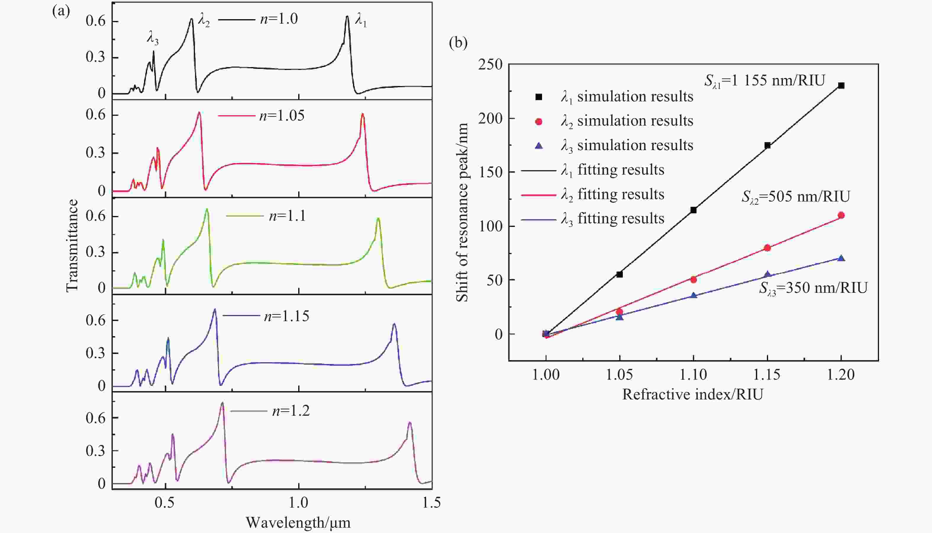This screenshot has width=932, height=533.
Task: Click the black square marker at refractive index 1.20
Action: click(841, 86)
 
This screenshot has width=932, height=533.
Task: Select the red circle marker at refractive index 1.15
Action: click(767, 248)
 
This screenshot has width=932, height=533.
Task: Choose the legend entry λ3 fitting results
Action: click(612, 219)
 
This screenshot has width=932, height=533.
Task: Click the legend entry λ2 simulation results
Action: click(627, 121)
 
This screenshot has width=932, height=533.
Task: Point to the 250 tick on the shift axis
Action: click(490, 65)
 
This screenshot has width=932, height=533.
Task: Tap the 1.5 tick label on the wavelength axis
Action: click(431, 503)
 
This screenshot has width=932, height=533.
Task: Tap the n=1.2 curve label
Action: click(291, 411)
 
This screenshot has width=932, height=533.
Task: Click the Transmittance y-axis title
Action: click(72, 245)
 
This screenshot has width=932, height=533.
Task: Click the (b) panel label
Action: click(458, 43)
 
